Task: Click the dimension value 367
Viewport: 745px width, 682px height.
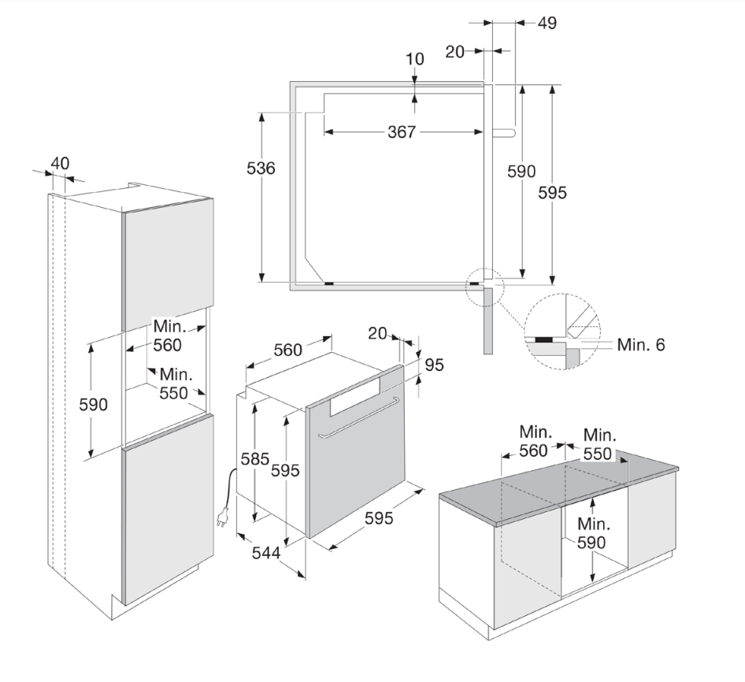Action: [x=402, y=132]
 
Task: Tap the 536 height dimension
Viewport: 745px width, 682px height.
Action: [x=261, y=169]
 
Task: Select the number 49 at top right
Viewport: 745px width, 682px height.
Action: [x=547, y=23]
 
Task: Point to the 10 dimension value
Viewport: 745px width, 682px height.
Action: [x=415, y=59]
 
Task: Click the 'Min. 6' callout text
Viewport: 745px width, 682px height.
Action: [x=641, y=345]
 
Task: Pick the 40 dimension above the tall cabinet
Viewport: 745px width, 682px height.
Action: [x=60, y=163]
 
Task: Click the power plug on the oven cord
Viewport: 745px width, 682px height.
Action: [x=222, y=518]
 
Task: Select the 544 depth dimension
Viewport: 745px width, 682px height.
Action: [x=266, y=553]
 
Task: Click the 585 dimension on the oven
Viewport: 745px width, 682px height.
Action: [x=254, y=459]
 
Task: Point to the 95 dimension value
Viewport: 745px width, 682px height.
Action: [x=434, y=365]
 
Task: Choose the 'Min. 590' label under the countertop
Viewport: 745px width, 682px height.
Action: [x=591, y=533]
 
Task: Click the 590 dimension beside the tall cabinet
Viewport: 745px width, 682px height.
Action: [x=93, y=405]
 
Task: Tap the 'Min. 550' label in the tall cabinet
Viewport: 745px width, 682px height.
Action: [x=175, y=384]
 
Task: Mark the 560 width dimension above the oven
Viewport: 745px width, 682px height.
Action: [x=288, y=350]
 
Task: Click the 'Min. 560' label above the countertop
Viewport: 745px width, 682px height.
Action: [x=535, y=441]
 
